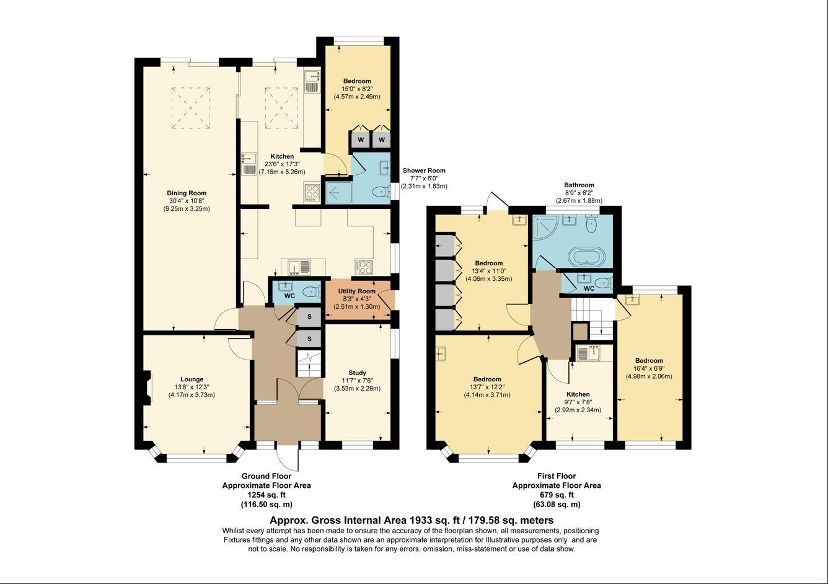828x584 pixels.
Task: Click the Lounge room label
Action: coord(192,379)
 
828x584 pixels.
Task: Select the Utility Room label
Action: coord(356,291)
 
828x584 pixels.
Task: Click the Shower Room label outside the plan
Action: coord(424,170)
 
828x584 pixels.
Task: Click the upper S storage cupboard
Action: coord(309,317)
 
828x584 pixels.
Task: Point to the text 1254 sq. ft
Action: coord(266,495)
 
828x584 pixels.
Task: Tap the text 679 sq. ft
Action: coord(556,495)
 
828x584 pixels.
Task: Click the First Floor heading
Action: coord(556,476)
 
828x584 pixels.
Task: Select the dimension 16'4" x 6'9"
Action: coord(649,368)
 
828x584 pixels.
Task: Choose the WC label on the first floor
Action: coord(589,288)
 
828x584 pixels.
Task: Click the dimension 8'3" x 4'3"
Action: coord(356,299)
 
